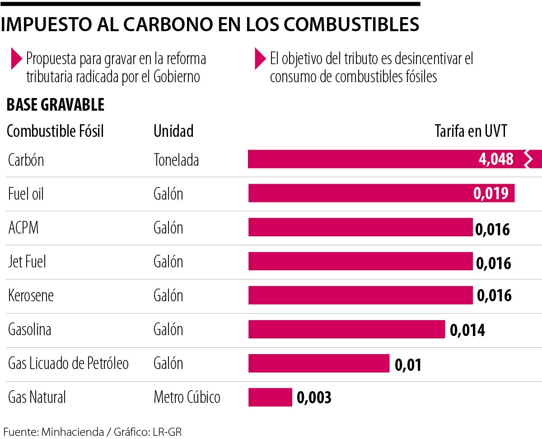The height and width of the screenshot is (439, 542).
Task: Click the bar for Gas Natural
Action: (x=270, y=397)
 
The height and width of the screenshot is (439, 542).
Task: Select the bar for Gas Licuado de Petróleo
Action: (x=318, y=364)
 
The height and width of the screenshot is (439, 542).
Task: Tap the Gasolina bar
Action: (x=346, y=329)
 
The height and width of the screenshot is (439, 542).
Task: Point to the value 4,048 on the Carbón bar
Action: (x=495, y=159)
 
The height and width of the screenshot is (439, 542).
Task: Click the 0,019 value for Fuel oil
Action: (x=491, y=193)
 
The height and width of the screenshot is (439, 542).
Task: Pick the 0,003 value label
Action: (x=314, y=397)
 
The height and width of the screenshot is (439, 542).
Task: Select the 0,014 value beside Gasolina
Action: (x=467, y=330)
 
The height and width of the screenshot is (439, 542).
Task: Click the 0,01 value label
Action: (x=408, y=364)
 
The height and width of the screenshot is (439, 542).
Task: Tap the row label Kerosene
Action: (x=31, y=295)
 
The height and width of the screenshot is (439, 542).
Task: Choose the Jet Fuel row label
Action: (x=27, y=262)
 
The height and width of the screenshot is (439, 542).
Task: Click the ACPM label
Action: (x=23, y=228)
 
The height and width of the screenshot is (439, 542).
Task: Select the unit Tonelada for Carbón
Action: (x=176, y=160)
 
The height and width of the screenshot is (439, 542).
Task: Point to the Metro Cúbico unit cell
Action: (x=187, y=397)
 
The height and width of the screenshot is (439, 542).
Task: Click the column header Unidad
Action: (x=173, y=131)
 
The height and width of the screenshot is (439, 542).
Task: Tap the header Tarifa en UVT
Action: (x=471, y=131)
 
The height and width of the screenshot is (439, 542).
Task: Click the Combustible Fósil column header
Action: (x=56, y=131)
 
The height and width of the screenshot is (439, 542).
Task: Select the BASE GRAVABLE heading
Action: (x=56, y=105)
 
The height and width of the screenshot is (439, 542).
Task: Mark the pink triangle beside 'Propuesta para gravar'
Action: (x=16, y=58)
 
